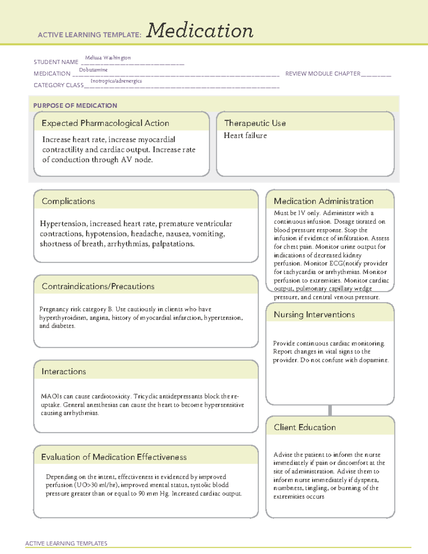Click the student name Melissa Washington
pos(108,58)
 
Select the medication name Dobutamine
pos(93,70)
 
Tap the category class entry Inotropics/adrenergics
pos(116,81)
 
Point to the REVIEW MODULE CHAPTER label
pos(323,73)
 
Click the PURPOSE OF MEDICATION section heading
pos(75,106)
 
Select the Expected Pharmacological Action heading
pos(105,123)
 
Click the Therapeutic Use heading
pos(255,123)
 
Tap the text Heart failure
pos(245,136)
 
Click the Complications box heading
pos(68,201)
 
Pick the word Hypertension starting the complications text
pos(63,224)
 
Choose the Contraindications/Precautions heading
pos(98,286)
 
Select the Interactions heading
pos(64,372)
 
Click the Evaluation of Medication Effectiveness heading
pos(114,457)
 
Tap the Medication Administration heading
pos(323,201)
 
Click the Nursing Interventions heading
pos(314,315)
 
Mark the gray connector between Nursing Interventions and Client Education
pos(330,410)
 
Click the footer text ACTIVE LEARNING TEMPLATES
pos(66,543)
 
